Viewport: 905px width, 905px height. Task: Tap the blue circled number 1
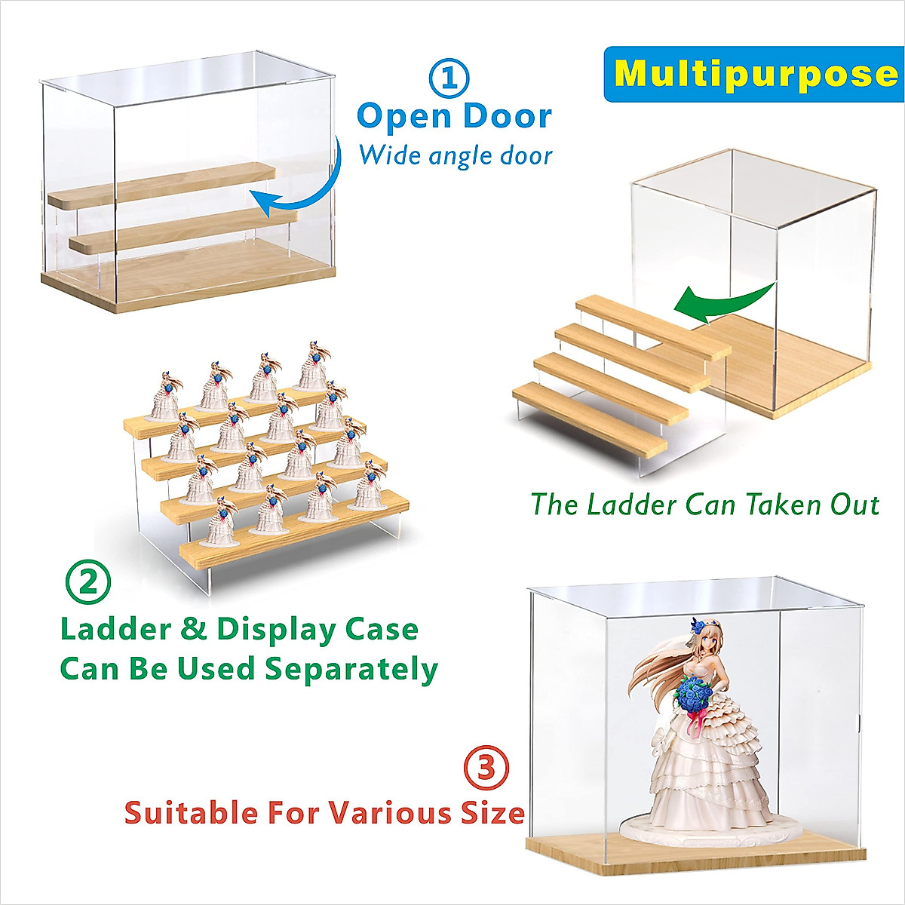pos(449,77)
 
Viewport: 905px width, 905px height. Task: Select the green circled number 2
pos(87,582)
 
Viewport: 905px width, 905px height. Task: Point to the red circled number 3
pos(486,768)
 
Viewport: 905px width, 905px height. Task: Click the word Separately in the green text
pos(351,669)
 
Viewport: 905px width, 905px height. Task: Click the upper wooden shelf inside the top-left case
pos(162,186)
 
